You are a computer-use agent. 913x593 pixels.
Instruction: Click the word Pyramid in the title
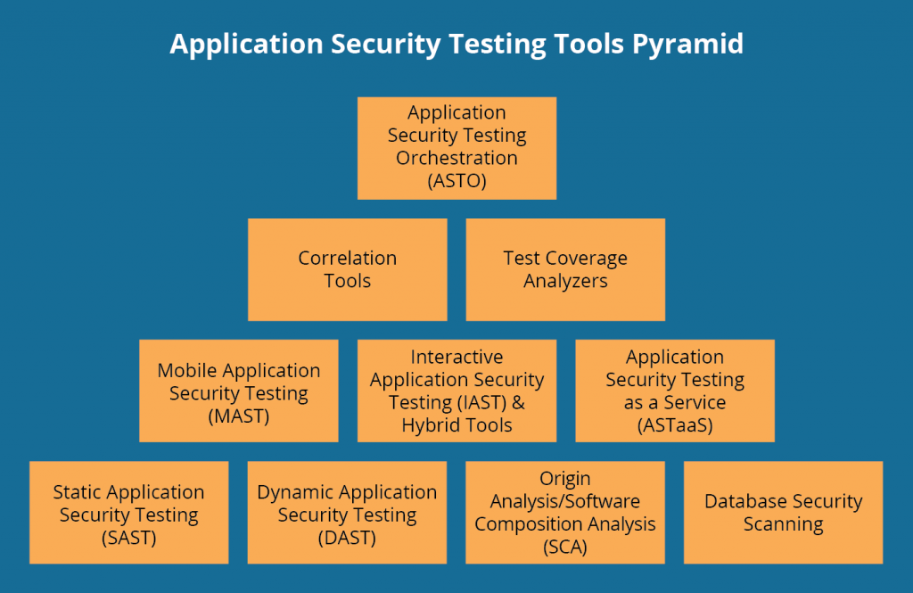pyautogui.click(x=688, y=45)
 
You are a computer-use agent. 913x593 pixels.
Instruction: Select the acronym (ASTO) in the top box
pyautogui.click(x=456, y=181)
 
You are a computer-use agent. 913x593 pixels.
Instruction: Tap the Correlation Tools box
pyautogui.click(x=347, y=269)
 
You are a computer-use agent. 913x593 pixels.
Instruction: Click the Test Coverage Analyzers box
pyautogui.click(x=565, y=269)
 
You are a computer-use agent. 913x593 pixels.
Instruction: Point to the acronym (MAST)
pyautogui.click(x=238, y=416)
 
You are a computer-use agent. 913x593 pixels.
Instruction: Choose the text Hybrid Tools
pyautogui.click(x=456, y=425)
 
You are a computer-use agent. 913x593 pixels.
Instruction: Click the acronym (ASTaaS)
pyautogui.click(x=675, y=425)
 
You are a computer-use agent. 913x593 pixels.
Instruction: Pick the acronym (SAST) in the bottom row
pyautogui.click(x=128, y=538)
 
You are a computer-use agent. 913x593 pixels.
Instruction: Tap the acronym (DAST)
pyautogui.click(x=347, y=538)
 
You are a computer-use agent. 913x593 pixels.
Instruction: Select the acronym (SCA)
pyautogui.click(x=565, y=547)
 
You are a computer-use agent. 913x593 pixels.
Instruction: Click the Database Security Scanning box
pyautogui.click(x=783, y=513)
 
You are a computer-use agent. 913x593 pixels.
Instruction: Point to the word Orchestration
pyautogui.click(x=456, y=158)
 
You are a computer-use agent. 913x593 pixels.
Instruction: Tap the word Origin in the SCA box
pyautogui.click(x=565, y=479)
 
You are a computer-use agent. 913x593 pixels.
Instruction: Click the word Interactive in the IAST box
pyautogui.click(x=456, y=358)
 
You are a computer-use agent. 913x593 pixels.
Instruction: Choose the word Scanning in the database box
pyautogui.click(x=783, y=524)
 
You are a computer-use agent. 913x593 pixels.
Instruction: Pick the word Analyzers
pyautogui.click(x=565, y=281)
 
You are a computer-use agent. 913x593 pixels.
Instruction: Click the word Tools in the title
pyautogui.click(x=586, y=45)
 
